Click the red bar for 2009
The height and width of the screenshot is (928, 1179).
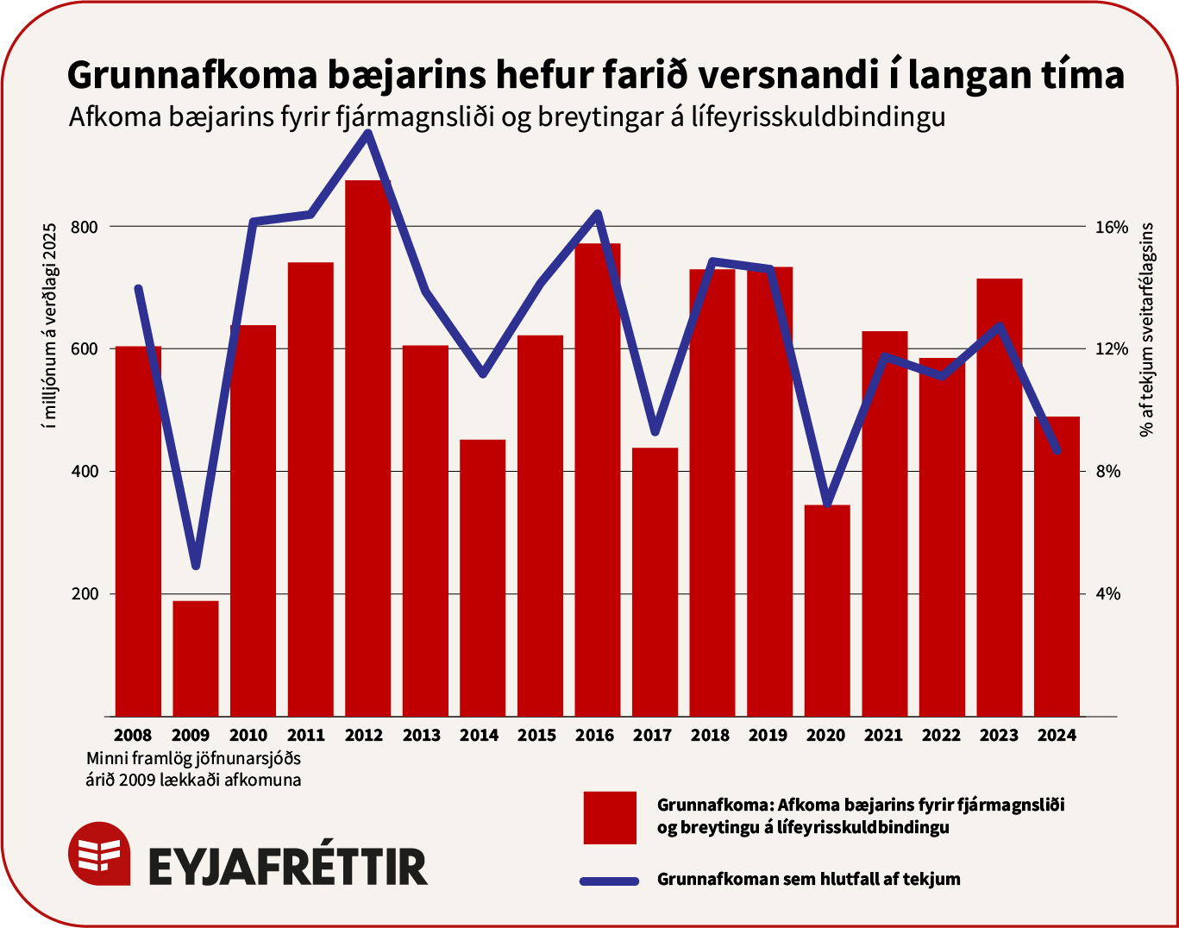pos(196,658)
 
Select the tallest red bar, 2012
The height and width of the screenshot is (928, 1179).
pos(367,448)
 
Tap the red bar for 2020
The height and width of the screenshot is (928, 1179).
pos(827,610)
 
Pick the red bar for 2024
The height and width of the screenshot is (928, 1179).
pos(1057,566)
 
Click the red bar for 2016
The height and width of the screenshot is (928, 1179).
pos(598,480)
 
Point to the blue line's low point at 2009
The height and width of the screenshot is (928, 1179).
pos(196,565)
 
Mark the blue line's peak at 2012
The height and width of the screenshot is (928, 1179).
pos(368,133)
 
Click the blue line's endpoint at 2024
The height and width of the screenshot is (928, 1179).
pos(1057,451)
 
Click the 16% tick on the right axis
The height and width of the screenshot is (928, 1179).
pos(1112,227)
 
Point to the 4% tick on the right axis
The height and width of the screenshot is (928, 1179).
pos(1108,594)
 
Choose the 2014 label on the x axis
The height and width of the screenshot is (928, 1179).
pos(479,736)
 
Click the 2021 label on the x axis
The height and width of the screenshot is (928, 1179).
pos(883,736)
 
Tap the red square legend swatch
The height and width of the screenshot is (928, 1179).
pos(610,818)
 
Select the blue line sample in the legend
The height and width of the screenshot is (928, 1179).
pos(610,881)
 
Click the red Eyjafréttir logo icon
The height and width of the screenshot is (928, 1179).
pos(99,853)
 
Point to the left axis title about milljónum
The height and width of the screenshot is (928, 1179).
pos(49,324)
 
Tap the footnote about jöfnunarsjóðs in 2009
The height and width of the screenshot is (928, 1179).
pos(194,769)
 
